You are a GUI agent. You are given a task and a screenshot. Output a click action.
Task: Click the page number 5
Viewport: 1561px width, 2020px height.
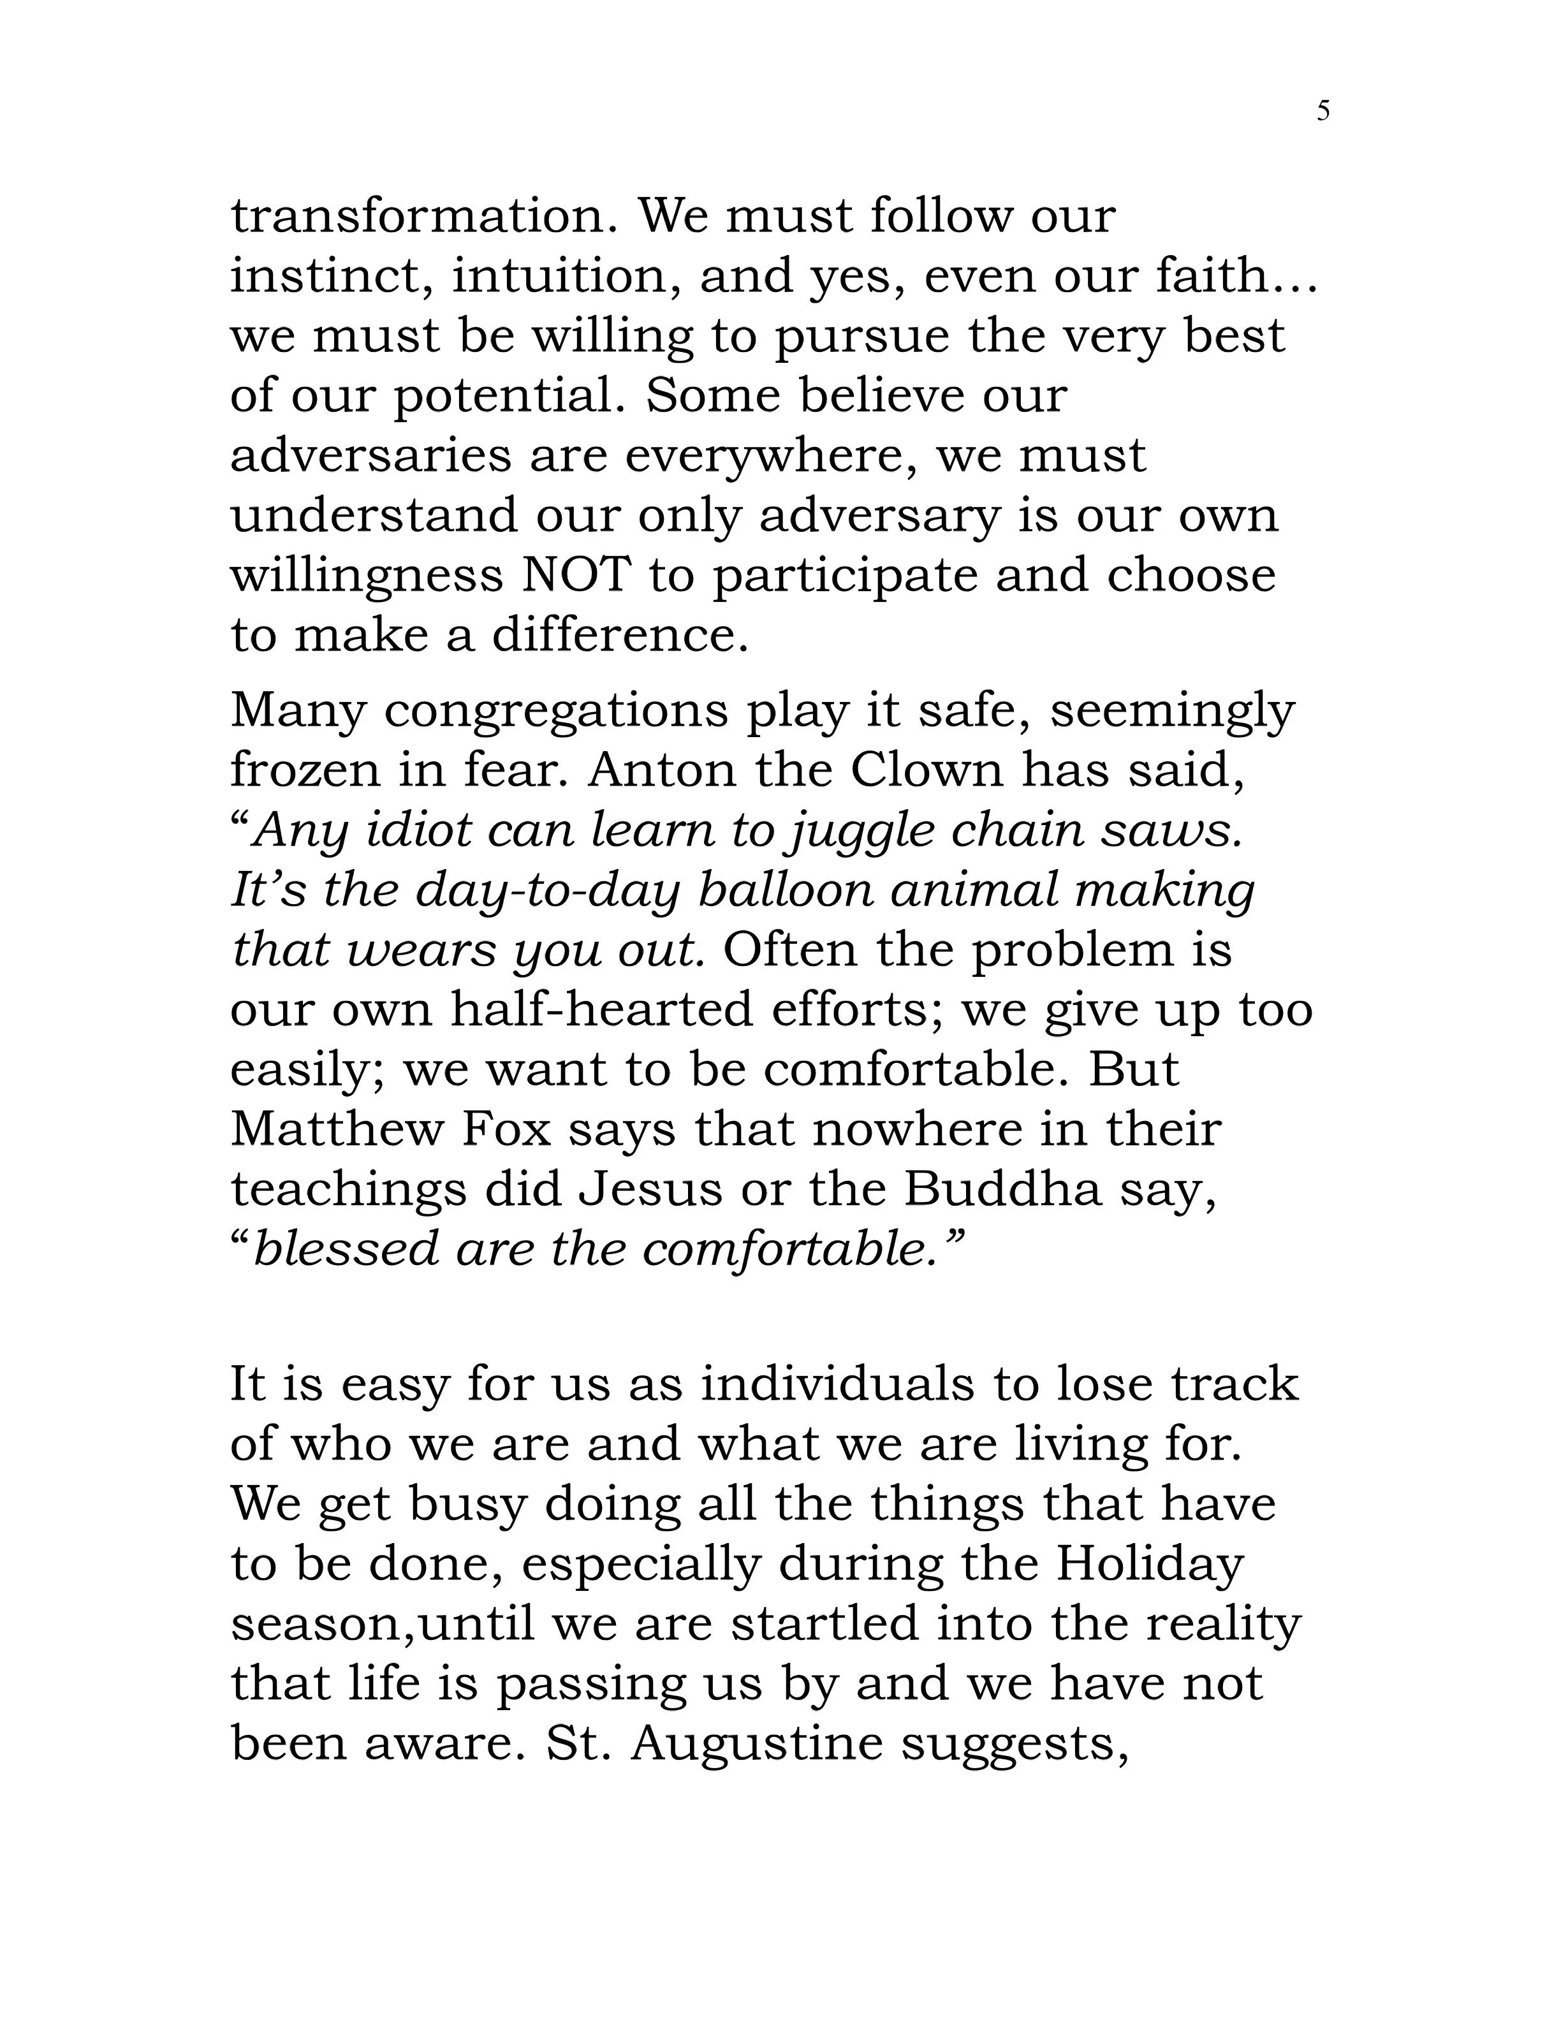[x=1323, y=112]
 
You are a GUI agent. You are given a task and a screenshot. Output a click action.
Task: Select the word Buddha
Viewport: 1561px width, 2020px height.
[x=1002, y=1189]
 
